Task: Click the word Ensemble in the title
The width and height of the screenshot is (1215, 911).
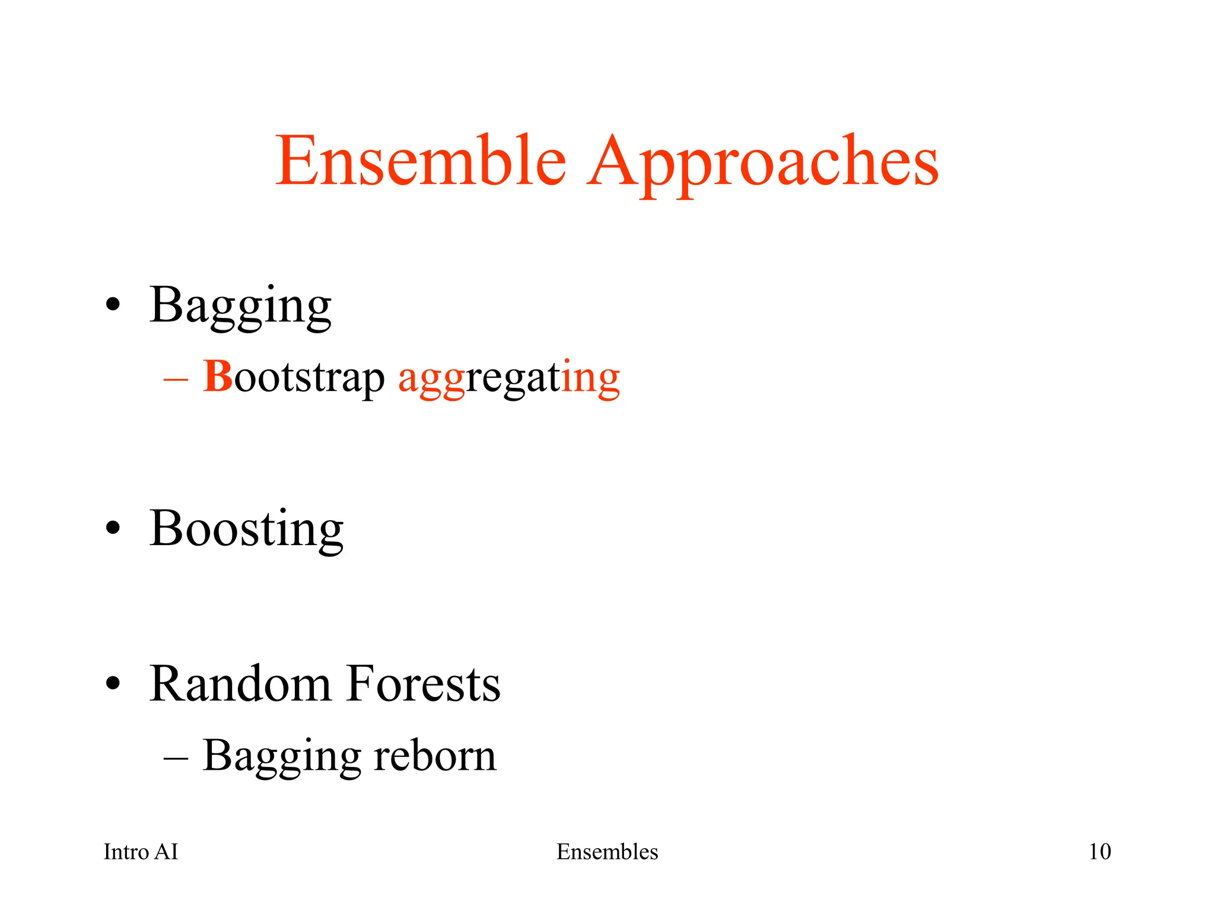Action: [x=421, y=161]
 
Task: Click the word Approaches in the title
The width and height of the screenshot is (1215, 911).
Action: [x=763, y=163]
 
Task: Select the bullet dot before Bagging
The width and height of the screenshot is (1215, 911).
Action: [x=113, y=305]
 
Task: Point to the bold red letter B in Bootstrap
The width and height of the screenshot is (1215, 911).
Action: [x=218, y=376]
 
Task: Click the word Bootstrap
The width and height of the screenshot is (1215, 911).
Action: [x=294, y=378]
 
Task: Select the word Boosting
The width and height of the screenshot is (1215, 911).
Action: [x=246, y=529]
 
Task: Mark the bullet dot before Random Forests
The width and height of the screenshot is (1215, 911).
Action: [x=113, y=684]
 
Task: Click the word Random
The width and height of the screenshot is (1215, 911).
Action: [x=240, y=684]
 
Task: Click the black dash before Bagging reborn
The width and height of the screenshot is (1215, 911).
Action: [x=176, y=757]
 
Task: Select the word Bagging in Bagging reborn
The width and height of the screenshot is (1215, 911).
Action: [x=281, y=757]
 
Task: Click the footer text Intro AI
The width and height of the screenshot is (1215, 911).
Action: [x=141, y=852]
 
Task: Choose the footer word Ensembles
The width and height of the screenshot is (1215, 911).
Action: [x=607, y=852]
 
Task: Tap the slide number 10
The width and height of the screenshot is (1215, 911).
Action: [x=1099, y=852]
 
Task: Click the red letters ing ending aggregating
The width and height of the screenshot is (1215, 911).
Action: [x=590, y=380]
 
